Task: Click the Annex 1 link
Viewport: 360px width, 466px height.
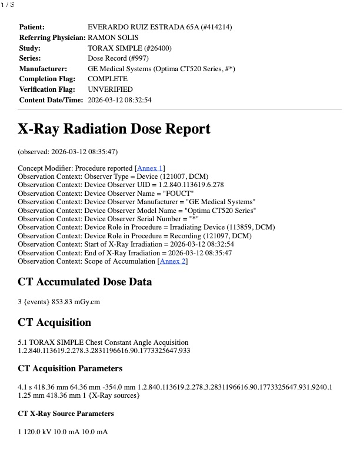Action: pos(150,168)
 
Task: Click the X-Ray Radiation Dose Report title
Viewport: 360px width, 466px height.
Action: pos(114,129)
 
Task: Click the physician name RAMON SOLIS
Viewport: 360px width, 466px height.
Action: pos(113,38)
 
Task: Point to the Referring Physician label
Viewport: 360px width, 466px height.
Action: pos(52,38)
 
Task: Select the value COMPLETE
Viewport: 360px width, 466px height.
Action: pos(108,79)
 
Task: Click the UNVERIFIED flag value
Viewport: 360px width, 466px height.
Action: pos(110,89)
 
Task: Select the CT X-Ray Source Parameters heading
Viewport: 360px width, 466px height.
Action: pos(66,414)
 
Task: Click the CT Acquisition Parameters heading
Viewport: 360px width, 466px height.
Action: pos(70,368)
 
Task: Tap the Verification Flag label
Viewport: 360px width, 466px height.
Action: pos(47,89)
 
